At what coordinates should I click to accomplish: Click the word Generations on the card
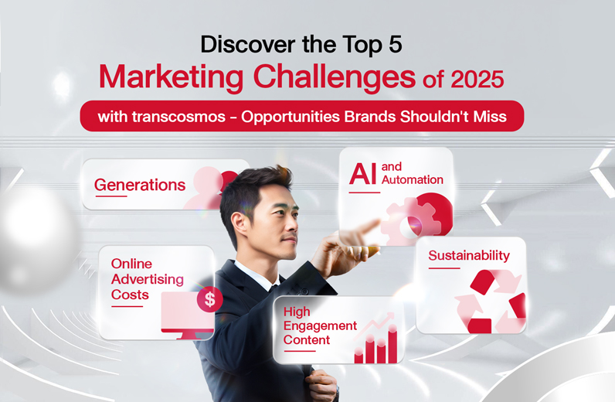pyautogui.click(x=140, y=185)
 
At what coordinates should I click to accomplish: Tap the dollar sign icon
pyautogui.click(x=210, y=299)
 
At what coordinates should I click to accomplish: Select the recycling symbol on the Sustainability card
pyautogui.click(x=491, y=301)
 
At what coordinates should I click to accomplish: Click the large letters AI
pyautogui.click(x=363, y=174)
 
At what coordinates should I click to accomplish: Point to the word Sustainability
pyautogui.click(x=469, y=256)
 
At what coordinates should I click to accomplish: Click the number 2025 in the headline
pyautogui.click(x=477, y=79)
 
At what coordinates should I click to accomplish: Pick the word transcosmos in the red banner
pyautogui.click(x=178, y=117)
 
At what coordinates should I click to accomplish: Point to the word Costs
pyautogui.click(x=130, y=295)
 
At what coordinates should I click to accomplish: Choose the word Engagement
pyautogui.click(x=320, y=326)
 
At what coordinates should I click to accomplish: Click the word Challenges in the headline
pyautogui.click(x=335, y=77)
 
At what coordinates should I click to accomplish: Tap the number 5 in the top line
pyautogui.click(x=396, y=44)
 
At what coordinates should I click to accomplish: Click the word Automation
pyautogui.click(x=413, y=180)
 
